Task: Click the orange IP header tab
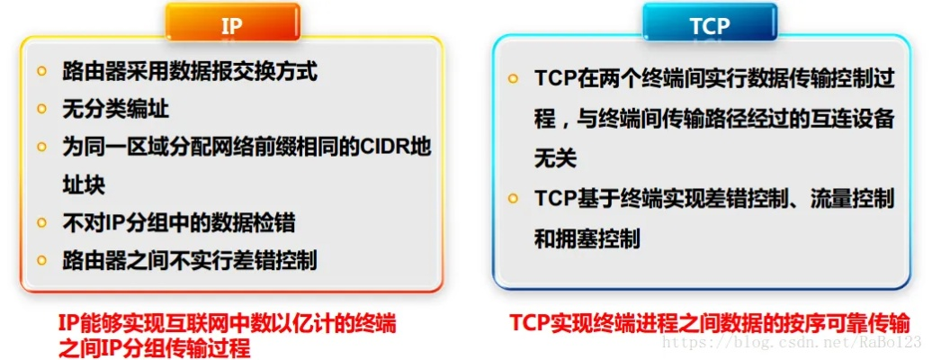tap(232, 25)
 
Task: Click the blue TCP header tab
tap(709, 25)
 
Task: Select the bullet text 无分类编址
tap(115, 109)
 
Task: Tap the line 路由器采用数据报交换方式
tap(190, 71)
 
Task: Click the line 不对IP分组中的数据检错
tap(178, 222)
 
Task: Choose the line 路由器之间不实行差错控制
tap(190, 260)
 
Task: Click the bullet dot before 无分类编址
tap(42, 109)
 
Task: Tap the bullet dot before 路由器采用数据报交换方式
tap(42, 71)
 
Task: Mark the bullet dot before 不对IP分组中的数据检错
tap(42, 222)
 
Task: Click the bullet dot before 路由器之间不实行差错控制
tap(42, 260)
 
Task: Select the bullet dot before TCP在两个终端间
tap(513, 79)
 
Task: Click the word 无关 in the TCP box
tap(555, 158)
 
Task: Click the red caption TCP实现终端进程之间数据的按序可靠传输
tap(709, 322)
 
